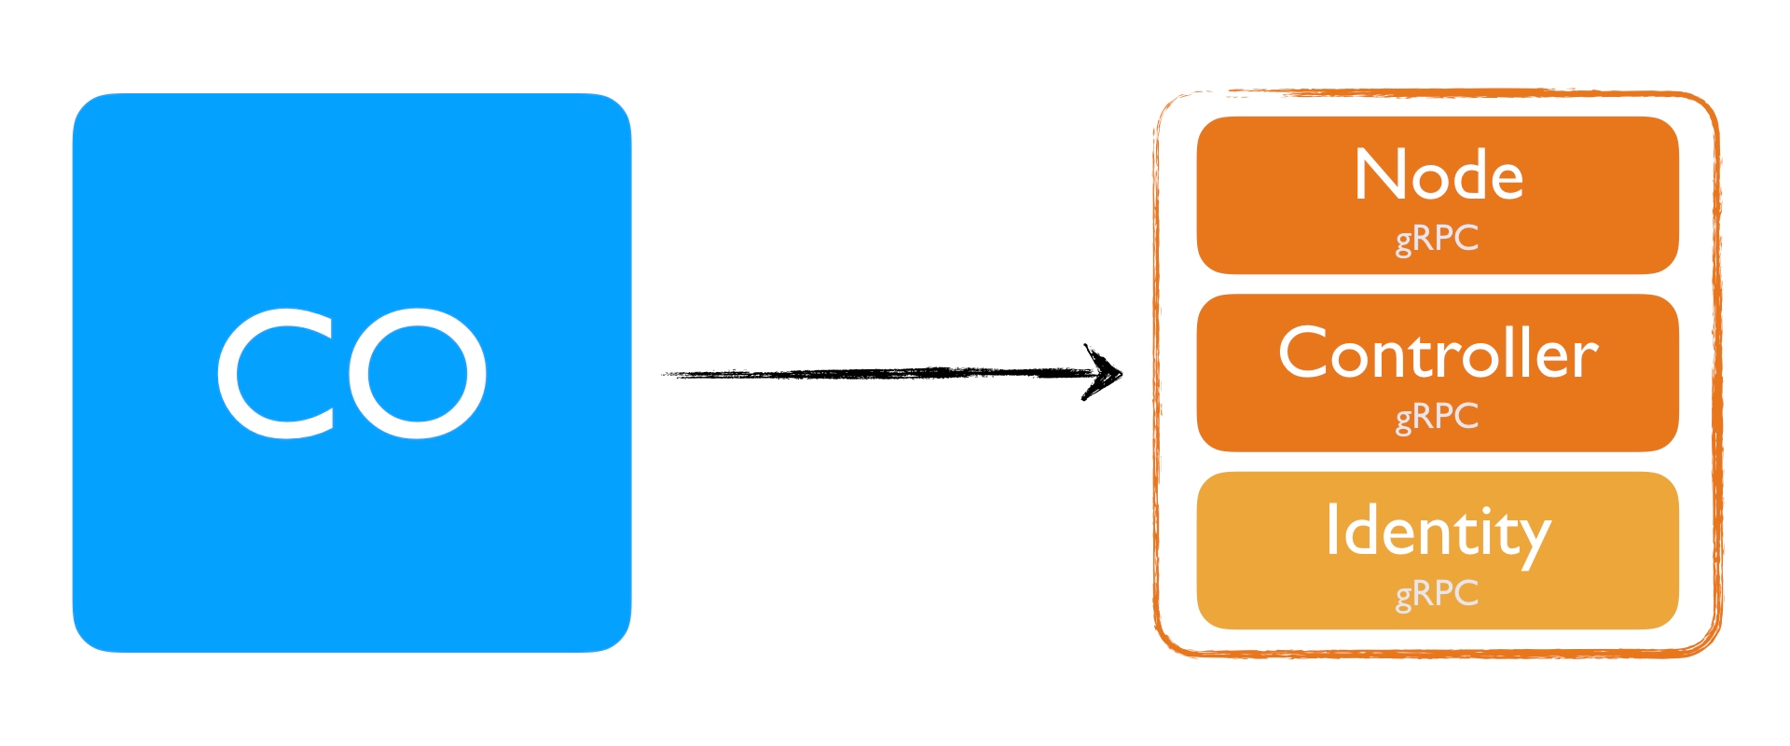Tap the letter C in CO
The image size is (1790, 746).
pyautogui.click(x=275, y=373)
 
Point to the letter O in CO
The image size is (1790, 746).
pyautogui.click(x=417, y=373)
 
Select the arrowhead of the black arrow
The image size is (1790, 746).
pyautogui.click(x=1105, y=373)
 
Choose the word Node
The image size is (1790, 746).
pyautogui.click(x=1438, y=175)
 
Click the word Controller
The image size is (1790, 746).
pyautogui.click(x=1438, y=354)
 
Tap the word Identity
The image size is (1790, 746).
pyautogui.click(x=1438, y=532)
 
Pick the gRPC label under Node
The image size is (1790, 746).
pyautogui.click(x=1437, y=239)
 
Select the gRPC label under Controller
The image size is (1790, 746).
pyautogui.click(x=1437, y=417)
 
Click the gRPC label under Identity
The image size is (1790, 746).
pyautogui.click(x=1437, y=594)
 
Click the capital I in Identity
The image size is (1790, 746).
pyautogui.click(x=1333, y=529)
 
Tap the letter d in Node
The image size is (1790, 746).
pyautogui.click(x=1469, y=175)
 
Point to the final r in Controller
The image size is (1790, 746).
pyautogui.click(x=1588, y=360)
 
